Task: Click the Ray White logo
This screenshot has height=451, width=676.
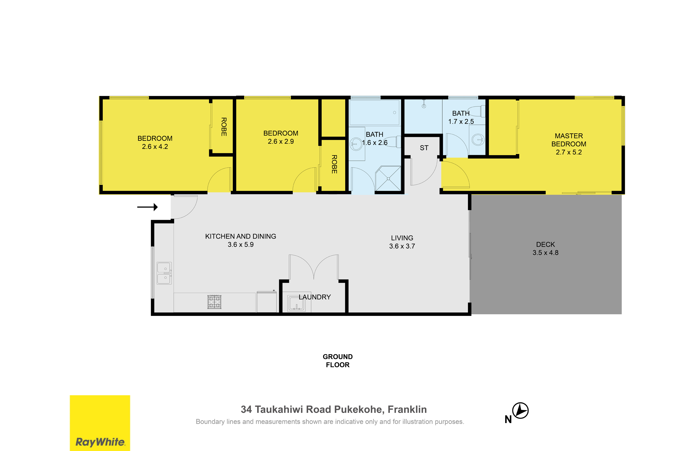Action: click(x=100, y=423)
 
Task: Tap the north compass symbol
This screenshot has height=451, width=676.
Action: click(x=520, y=411)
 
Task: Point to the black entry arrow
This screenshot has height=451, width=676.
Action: click(x=147, y=207)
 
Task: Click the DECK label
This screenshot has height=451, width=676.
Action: click(x=546, y=244)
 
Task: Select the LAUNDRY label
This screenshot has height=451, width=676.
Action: click(x=315, y=297)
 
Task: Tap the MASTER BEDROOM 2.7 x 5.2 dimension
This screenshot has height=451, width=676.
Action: click(x=569, y=152)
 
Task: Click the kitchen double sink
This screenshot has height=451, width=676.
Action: click(x=164, y=273)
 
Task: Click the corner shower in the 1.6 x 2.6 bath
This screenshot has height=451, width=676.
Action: click(x=388, y=178)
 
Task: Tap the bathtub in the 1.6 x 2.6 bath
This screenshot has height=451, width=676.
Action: click(x=374, y=113)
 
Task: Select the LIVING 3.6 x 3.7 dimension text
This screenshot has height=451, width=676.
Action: click(x=402, y=246)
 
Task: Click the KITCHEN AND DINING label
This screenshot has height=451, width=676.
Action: click(x=241, y=236)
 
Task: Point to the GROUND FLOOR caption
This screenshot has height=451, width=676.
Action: click(x=338, y=361)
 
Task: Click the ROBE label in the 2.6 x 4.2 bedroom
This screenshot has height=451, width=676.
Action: click(x=224, y=127)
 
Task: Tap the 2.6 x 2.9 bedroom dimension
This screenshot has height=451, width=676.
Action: click(x=281, y=142)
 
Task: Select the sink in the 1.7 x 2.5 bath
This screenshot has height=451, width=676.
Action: click(x=478, y=140)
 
